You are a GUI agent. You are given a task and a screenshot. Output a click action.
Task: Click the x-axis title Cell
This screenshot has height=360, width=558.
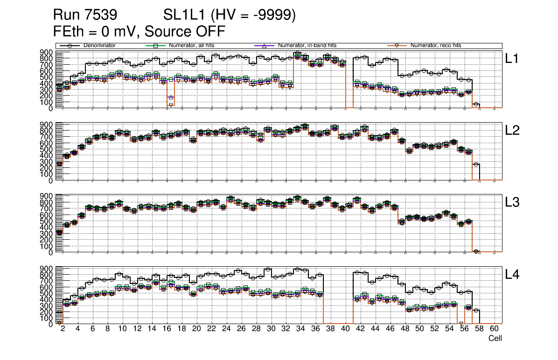click(x=495, y=339)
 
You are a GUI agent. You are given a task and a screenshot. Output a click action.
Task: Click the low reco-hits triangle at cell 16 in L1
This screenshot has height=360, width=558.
click(x=171, y=105)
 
